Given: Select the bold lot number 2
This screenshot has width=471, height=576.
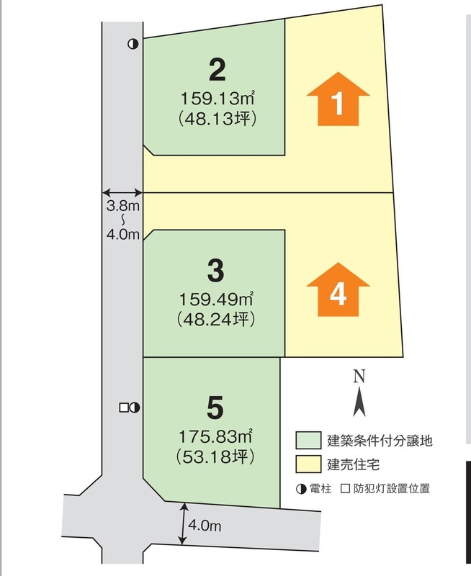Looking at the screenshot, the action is pyautogui.click(x=217, y=71).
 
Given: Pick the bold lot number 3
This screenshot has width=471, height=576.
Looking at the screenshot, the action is pyautogui.click(x=215, y=271).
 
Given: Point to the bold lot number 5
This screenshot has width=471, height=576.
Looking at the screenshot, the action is pyautogui.click(x=215, y=408).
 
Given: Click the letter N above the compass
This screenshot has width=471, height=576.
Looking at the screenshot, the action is pyautogui.click(x=359, y=375).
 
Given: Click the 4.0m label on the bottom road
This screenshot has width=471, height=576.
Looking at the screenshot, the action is pyautogui.click(x=204, y=526).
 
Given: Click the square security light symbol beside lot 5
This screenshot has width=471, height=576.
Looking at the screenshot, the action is pyautogui.click(x=123, y=408).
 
